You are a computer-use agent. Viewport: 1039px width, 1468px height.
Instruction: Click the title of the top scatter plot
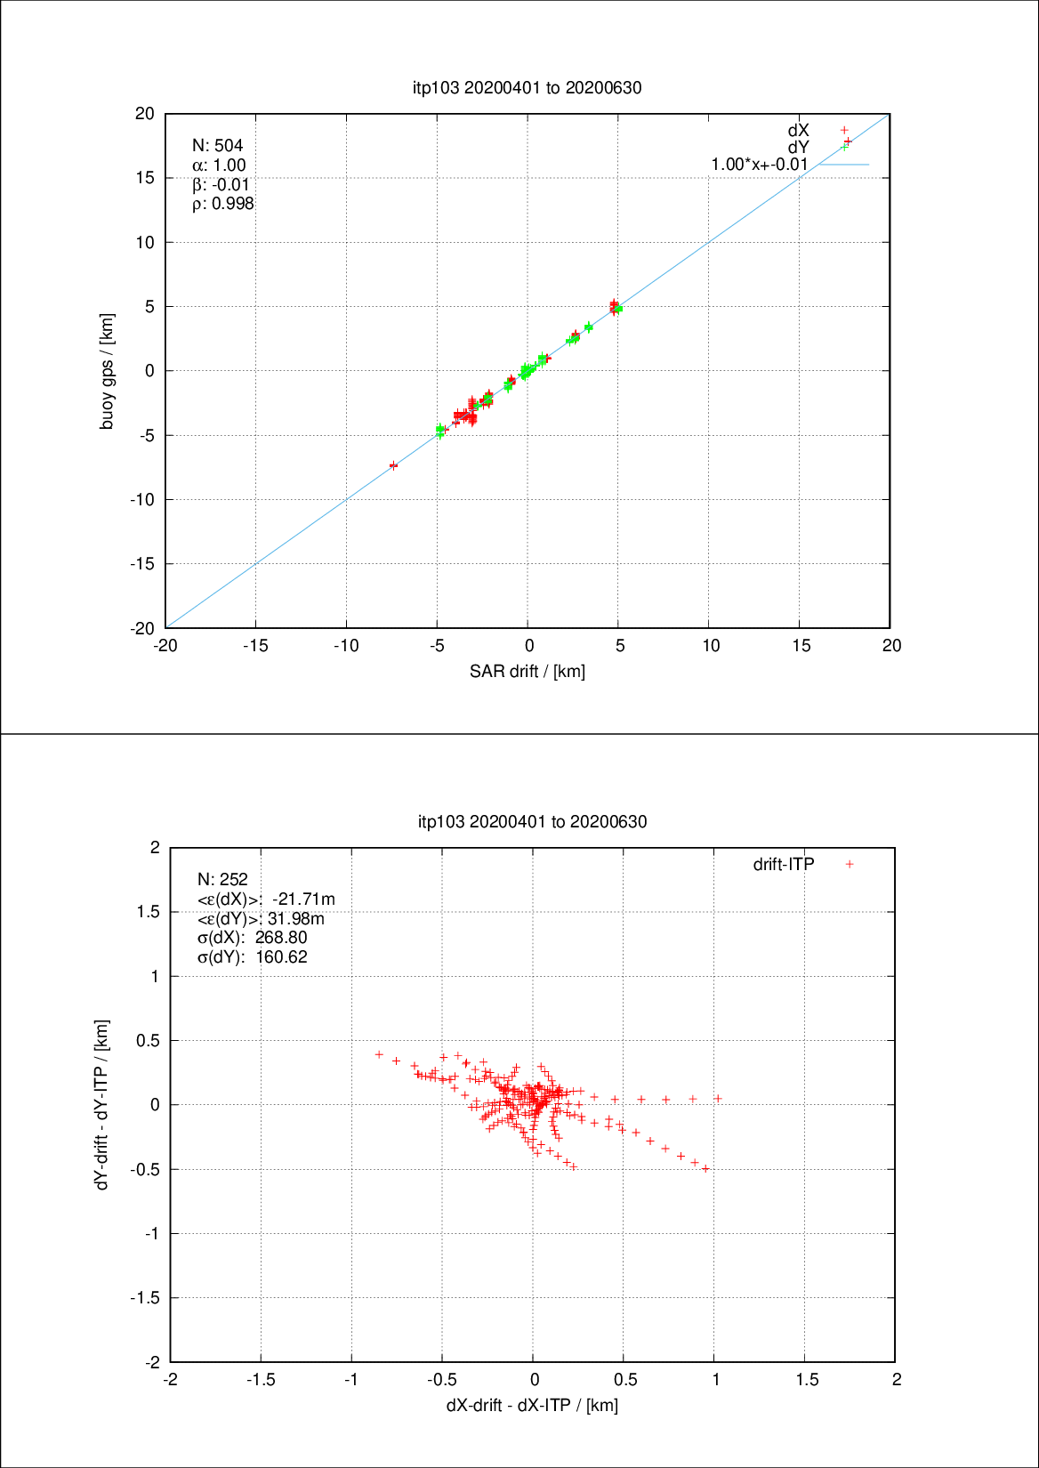527,87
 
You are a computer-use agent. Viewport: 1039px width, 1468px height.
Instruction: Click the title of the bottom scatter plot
532,821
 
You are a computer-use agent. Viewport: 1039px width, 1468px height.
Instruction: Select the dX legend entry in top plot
799,131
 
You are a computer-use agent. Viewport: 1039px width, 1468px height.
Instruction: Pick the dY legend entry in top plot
799,148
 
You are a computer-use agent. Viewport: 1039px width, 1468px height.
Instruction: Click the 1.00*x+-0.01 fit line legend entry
760,165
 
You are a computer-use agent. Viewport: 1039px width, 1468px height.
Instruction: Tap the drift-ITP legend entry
784,864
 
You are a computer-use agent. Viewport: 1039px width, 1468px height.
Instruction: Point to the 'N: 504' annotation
217,145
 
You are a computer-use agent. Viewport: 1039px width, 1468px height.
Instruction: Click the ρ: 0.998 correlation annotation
222,204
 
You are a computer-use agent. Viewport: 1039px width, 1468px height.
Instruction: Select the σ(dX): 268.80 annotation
252,938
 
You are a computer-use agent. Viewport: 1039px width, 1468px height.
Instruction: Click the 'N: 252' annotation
222,879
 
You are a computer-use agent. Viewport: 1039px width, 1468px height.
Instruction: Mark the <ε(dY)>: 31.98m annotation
260,918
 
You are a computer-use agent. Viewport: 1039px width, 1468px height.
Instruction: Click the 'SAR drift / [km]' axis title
527,671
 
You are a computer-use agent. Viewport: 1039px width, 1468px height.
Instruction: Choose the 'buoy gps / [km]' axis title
107,371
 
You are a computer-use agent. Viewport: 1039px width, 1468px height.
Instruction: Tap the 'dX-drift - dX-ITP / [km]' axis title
532,1405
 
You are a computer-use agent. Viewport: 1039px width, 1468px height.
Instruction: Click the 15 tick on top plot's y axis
145,178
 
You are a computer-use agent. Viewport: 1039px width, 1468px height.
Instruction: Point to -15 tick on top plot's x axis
255,646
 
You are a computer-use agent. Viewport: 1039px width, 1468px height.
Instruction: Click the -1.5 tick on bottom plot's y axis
145,1298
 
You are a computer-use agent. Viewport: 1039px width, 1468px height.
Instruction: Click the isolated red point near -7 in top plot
393,465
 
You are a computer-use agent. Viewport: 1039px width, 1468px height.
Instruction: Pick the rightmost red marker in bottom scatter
718,1099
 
